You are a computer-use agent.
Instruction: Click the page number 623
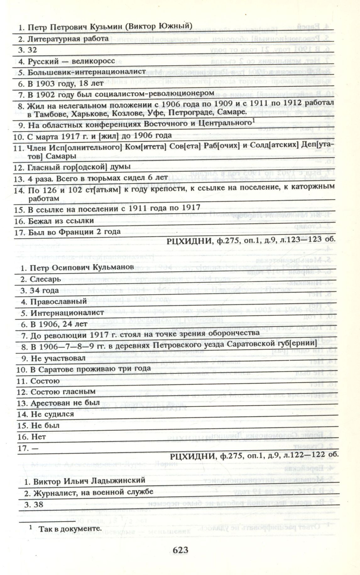(x=180, y=550)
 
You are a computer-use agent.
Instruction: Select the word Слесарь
(x=46, y=279)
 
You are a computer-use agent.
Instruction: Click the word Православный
(x=58, y=302)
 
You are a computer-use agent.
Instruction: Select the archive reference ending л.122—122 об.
(x=254, y=456)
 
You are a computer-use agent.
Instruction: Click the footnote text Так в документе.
(x=70, y=528)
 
